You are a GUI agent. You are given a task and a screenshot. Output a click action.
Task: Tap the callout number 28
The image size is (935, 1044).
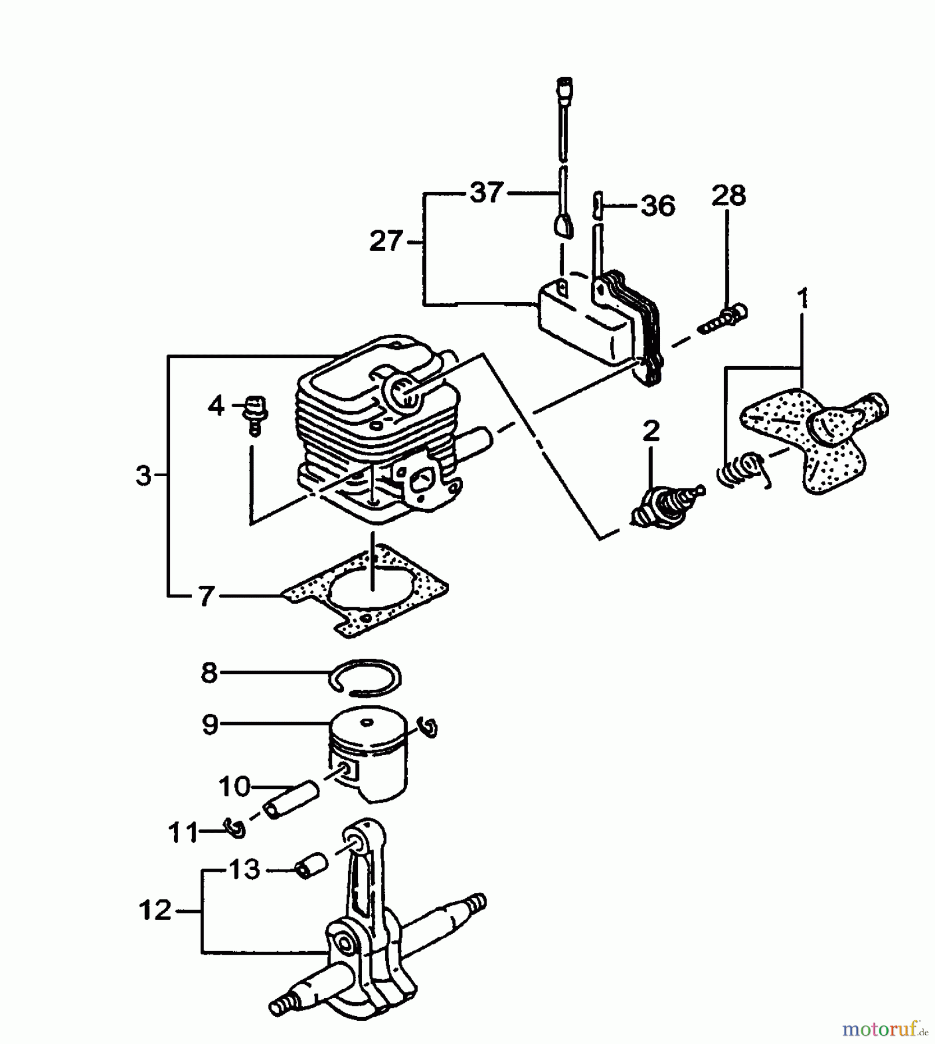(729, 195)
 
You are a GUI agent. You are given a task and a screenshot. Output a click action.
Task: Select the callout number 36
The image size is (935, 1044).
(658, 206)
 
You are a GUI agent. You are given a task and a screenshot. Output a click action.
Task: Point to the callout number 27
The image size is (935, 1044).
(386, 241)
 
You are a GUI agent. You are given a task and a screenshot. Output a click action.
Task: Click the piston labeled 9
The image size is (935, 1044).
(368, 754)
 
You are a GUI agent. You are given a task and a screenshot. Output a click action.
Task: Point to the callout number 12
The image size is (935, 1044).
(155, 910)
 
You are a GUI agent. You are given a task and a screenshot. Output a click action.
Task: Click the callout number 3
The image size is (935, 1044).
(143, 476)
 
